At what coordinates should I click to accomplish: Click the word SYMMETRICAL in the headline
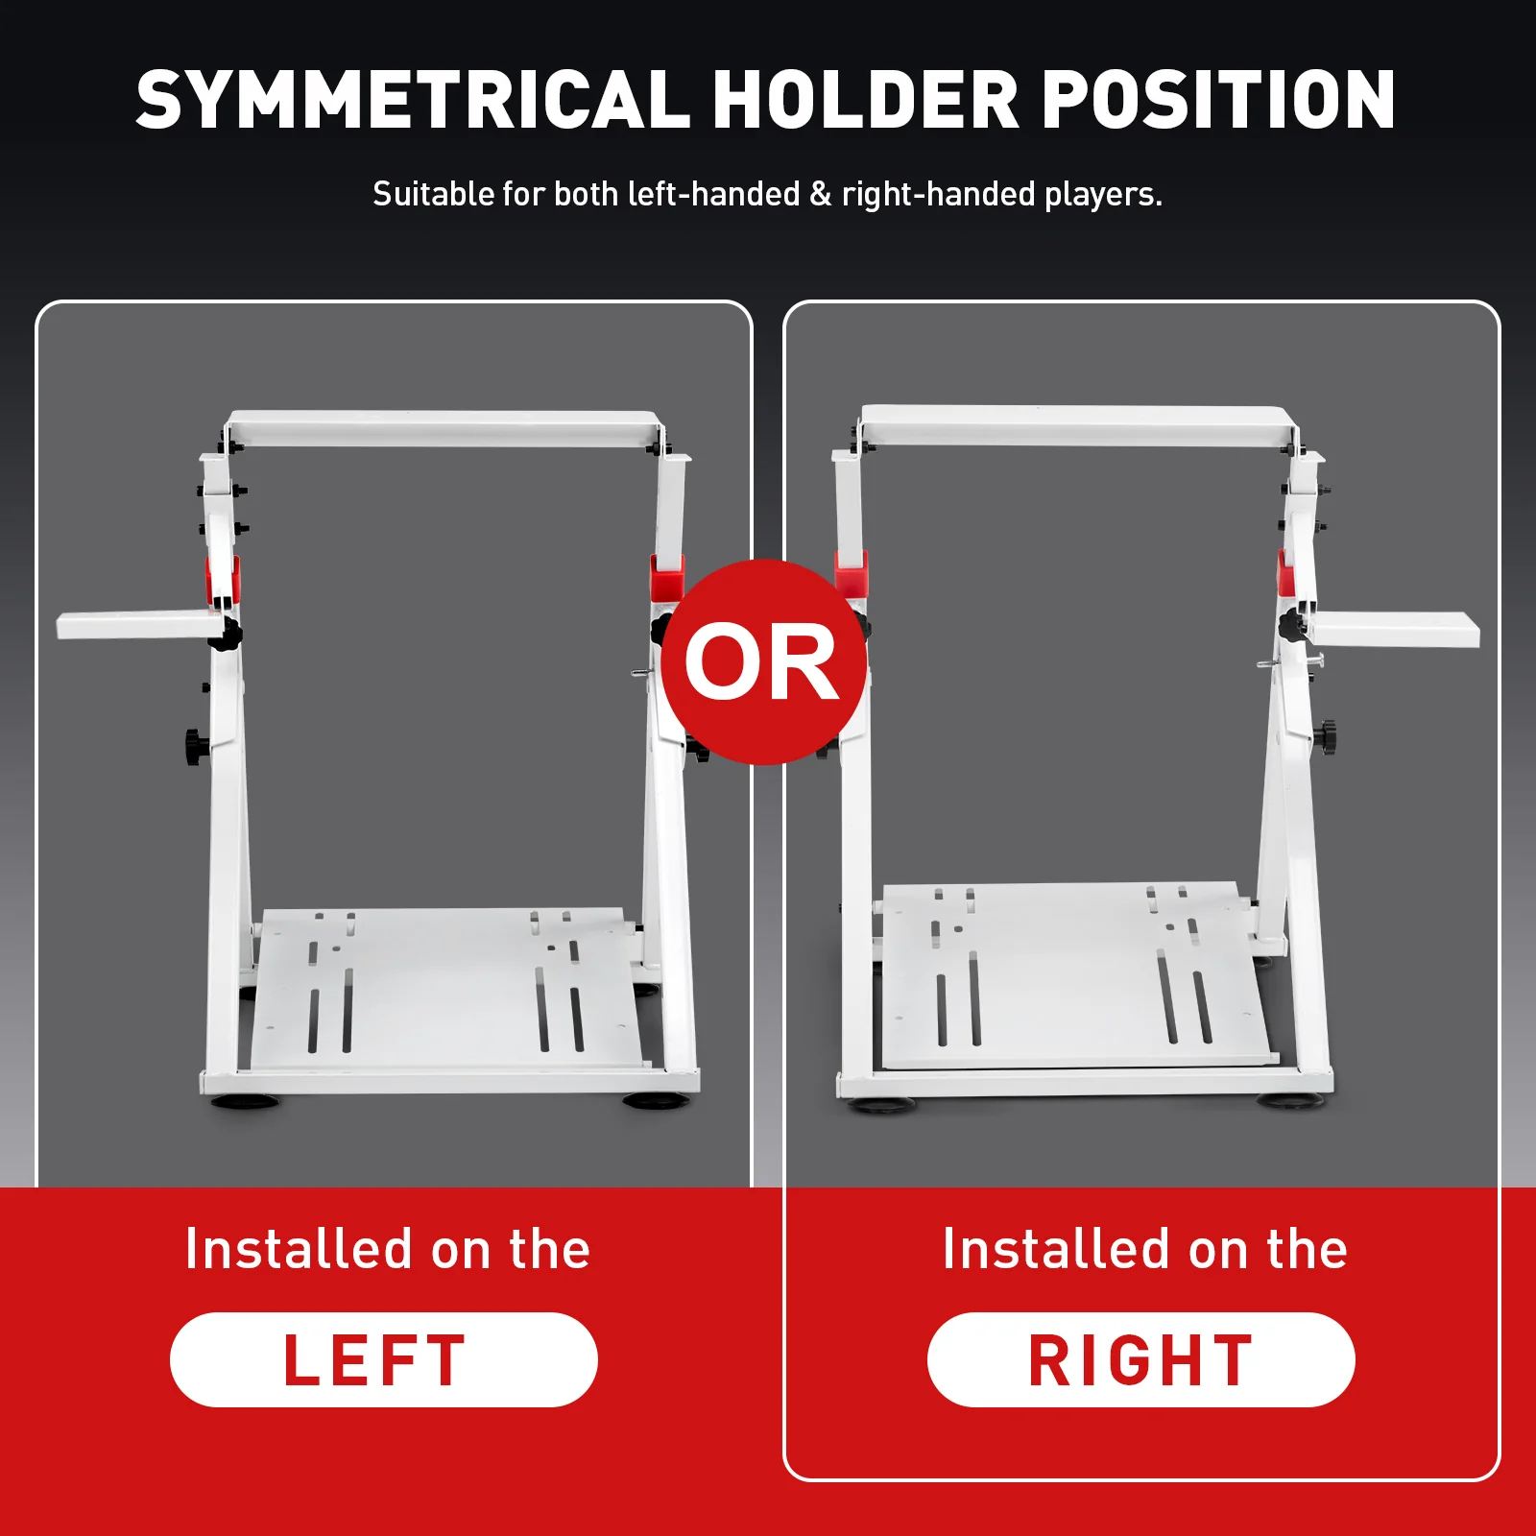[x=413, y=99]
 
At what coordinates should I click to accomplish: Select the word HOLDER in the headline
[x=865, y=99]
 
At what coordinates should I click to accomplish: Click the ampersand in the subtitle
[x=821, y=194]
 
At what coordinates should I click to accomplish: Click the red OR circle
[x=764, y=661]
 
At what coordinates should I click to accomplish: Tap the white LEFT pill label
[x=384, y=1359]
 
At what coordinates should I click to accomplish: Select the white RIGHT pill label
[x=1140, y=1359]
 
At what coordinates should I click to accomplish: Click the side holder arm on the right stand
[x=1395, y=629]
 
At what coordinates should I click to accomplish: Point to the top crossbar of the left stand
[x=444, y=428]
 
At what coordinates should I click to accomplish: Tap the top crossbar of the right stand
[x=1079, y=424]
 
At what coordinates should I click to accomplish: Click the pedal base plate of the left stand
[x=444, y=989]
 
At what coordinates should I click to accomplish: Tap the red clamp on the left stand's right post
[x=667, y=576]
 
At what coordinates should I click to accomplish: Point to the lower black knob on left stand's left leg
[x=197, y=746]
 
